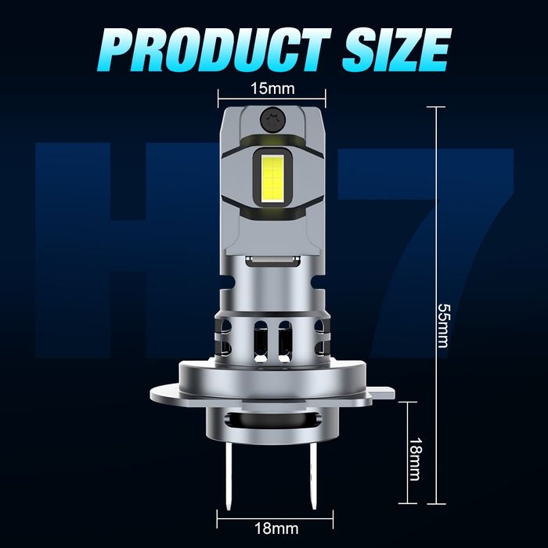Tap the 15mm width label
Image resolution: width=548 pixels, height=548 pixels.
click(x=271, y=86)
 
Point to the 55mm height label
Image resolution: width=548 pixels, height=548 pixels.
click(x=443, y=319)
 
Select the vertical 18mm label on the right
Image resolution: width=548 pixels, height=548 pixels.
click(x=415, y=452)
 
